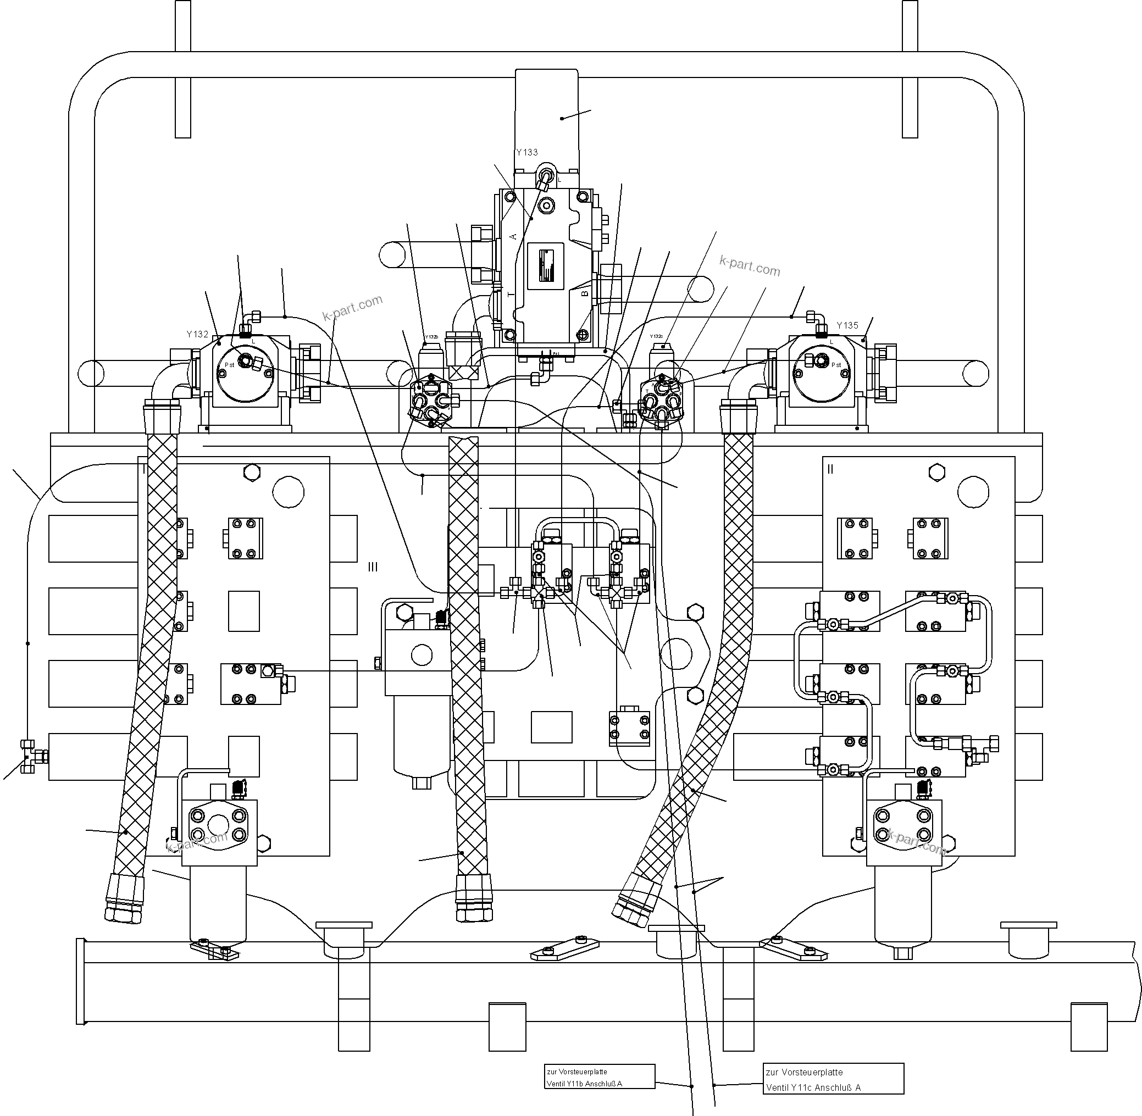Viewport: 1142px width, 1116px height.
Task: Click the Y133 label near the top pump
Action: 526,152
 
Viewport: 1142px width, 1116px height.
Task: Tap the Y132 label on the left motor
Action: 197,334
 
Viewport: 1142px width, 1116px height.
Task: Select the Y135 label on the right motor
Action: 847,325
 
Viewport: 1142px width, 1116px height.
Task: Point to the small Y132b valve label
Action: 431,337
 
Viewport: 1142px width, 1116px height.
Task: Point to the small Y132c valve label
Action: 656,336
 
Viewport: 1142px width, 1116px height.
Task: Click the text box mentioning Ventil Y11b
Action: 599,1078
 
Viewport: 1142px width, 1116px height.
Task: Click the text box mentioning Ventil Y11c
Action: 833,1079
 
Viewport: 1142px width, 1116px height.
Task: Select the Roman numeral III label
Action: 373,567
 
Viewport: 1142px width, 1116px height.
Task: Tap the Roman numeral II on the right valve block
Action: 829,469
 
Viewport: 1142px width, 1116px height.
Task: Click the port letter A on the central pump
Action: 513,236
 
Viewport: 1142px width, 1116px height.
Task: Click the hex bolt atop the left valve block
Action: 251,473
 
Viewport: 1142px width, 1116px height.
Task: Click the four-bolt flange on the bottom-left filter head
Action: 219,825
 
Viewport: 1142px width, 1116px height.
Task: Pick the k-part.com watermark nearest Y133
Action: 749,266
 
